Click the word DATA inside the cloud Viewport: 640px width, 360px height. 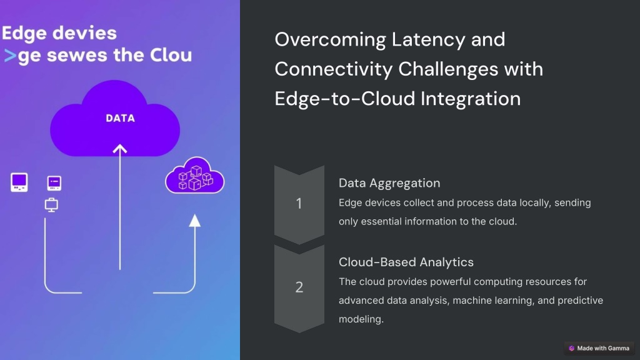(x=120, y=118)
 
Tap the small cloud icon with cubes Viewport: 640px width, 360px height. (x=195, y=175)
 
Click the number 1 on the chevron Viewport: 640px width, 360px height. (x=299, y=203)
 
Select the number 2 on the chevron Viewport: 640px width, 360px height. (x=299, y=287)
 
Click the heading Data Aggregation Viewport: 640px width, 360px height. (x=389, y=183)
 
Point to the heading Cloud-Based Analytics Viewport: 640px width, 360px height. (x=406, y=262)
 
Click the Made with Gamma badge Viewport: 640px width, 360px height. (x=599, y=348)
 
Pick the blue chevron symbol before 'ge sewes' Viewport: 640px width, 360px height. (x=10, y=56)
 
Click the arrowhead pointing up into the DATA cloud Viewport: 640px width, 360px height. (x=119, y=149)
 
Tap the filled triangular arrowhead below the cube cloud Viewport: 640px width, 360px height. (x=195, y=221)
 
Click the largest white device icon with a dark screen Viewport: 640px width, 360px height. (x=19, y=182)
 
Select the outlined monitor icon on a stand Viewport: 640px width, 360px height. (x=51, y=205)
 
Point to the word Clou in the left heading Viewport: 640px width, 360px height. (x=171, y=56)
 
